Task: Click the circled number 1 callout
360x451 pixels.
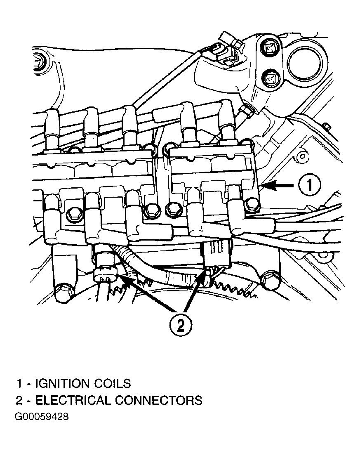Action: pyautogui.click(x=309, y=187)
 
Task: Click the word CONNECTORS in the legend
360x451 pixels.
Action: pyautogui.click(x=159, y=400)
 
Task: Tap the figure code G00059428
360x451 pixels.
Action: pyautogui.click(x=42, y=416)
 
